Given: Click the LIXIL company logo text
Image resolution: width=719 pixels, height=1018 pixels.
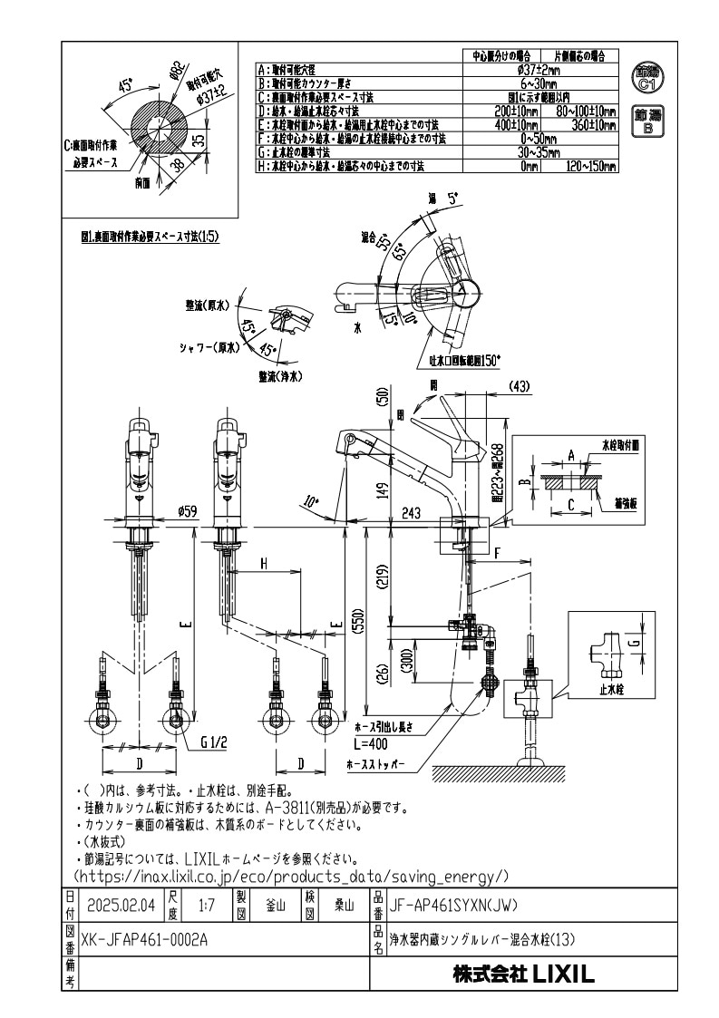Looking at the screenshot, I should [x=524, y=975].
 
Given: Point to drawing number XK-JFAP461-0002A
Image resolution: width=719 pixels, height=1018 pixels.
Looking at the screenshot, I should [x=145, y=940].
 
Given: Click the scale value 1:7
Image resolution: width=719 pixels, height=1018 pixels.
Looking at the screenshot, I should [x=206, y=904].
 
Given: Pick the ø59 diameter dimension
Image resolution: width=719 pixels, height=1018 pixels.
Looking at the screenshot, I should [x=188, y=512].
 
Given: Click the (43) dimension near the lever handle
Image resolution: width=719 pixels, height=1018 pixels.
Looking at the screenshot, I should [x=519, y=386].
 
